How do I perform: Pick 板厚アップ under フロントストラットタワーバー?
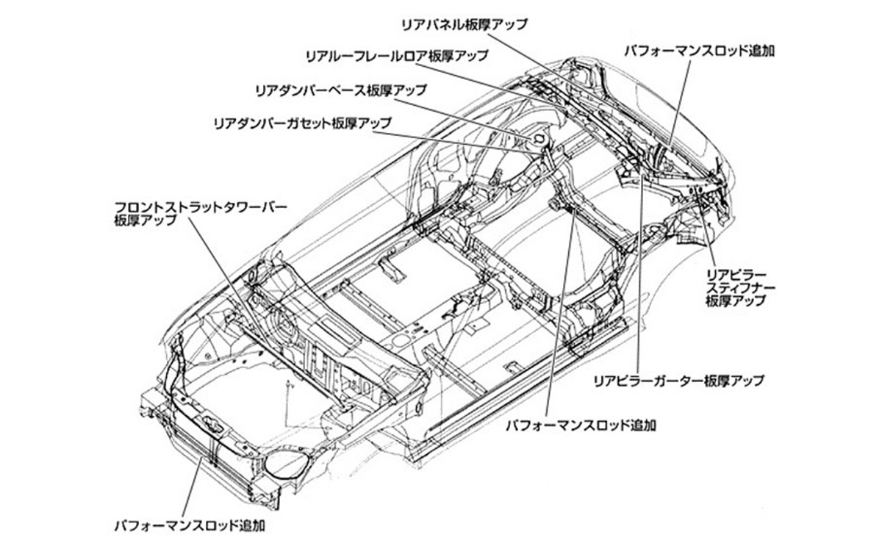click(x=146, y=219)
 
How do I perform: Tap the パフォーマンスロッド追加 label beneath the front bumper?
click(x=190, y=525)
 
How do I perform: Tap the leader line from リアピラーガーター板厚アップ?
click(x=638, y=279)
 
